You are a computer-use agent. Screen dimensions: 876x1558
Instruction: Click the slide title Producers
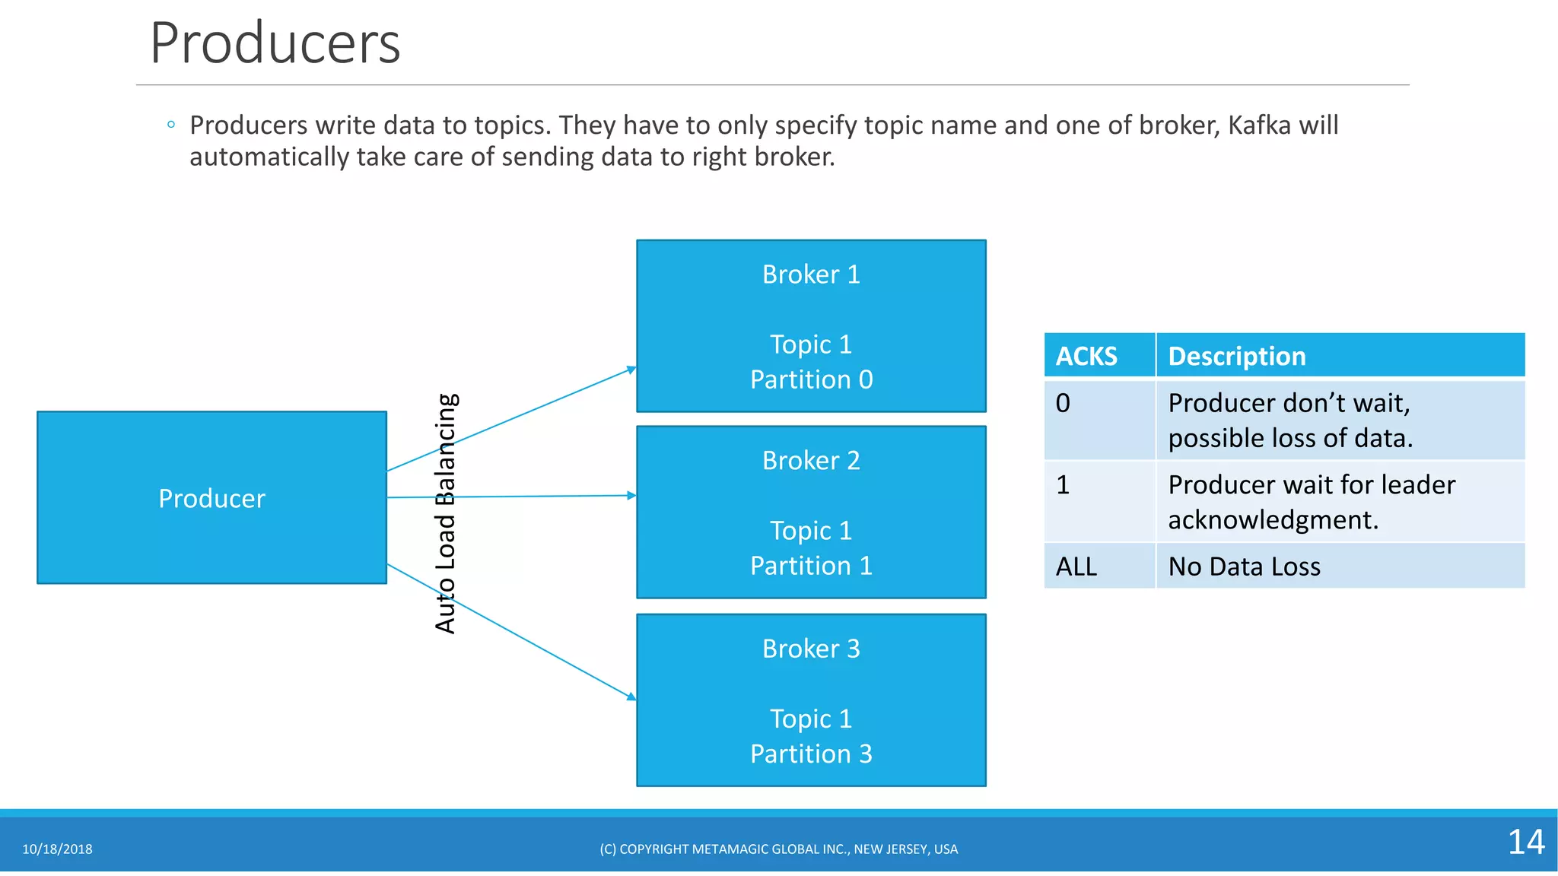pos(275,43)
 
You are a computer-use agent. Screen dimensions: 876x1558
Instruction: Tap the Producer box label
pos(211,499)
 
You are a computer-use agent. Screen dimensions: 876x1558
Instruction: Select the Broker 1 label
pos(811,275)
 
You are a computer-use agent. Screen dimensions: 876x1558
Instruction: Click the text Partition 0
pos(811,379)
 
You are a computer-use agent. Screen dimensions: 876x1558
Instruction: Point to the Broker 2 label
pos(811,461)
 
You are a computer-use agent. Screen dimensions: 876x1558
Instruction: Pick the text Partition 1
pos(811,566)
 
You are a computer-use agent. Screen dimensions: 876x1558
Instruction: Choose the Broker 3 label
pos(811,649)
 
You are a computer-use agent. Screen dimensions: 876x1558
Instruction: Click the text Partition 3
pos(811,754)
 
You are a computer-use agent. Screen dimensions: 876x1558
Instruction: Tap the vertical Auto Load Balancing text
pos(446,513)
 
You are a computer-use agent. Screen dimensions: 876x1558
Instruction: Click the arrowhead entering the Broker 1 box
pos(631,370)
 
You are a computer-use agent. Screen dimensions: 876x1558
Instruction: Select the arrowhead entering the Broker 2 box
pos(631,496)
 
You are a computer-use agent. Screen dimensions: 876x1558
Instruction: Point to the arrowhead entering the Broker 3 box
pos(631,696)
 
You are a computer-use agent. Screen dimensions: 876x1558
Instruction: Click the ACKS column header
pos(1086,356)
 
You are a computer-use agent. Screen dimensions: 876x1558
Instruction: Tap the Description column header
pos(1236,356)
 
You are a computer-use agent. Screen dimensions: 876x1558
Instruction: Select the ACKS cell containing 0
pos(1063,403)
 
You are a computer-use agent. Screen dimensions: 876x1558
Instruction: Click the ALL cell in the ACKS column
pos(1076,567)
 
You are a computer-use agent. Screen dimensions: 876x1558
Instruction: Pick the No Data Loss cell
pos(1244,567)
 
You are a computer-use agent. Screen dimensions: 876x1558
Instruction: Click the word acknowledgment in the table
pos(1273,520)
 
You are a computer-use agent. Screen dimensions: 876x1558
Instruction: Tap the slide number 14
pos(1525,842)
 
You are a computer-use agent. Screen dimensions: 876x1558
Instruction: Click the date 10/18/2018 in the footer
pos(57,849)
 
